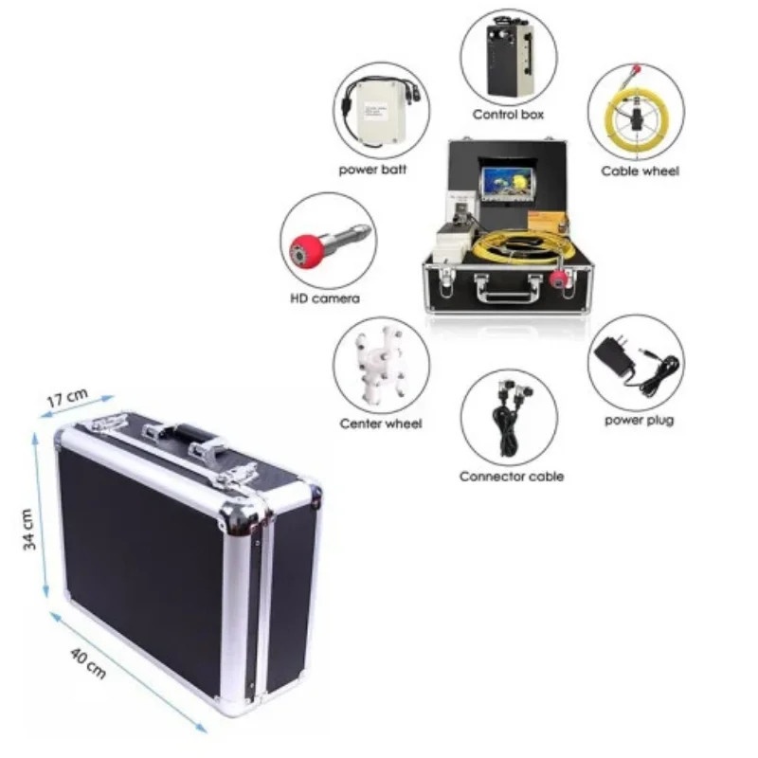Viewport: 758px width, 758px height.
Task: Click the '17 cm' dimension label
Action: coord(67,397)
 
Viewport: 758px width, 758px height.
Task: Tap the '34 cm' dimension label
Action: coord(29,530)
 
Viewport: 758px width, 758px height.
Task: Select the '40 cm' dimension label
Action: coord(88,664)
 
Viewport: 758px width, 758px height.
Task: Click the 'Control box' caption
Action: coord(508,115)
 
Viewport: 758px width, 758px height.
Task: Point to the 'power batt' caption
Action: coord(372,171)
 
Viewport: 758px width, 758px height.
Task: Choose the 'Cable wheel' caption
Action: coord(641,171)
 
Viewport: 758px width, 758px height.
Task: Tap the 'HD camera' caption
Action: coord(325,298)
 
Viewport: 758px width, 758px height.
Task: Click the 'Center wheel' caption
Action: coord(381,424)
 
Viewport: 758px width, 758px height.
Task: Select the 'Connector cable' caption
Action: coord(512,477)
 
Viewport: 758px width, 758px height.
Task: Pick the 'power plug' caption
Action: coord(639,421)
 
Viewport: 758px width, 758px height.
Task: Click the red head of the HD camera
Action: coord(306,251)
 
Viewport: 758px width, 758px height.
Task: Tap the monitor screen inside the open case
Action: coord(506,183)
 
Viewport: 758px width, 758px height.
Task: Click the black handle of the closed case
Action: coord(191,433)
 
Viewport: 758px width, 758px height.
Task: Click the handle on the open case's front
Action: coord(508,289)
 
